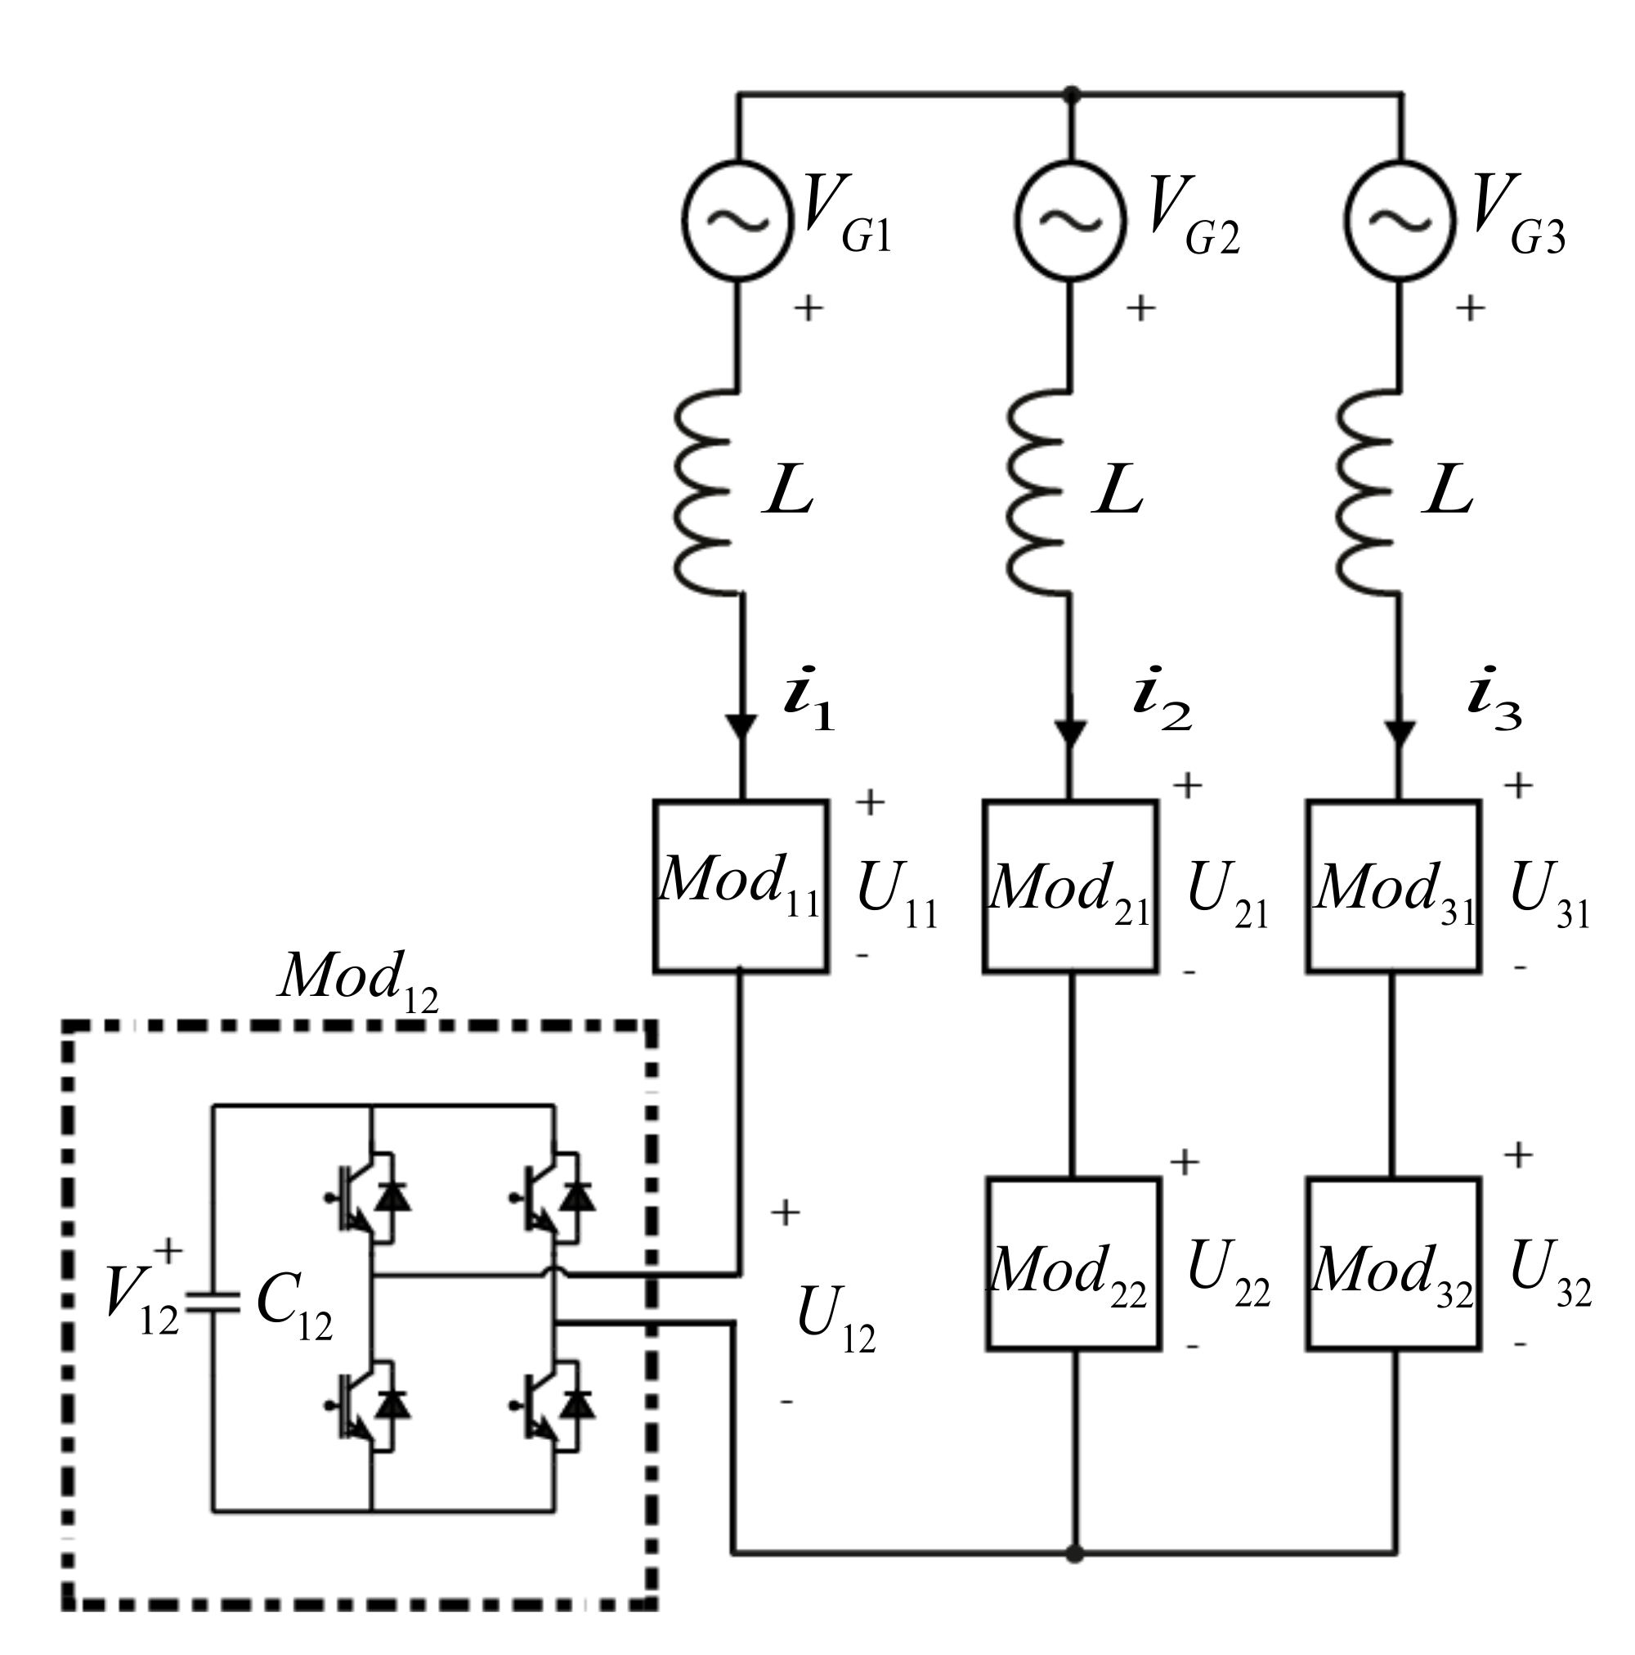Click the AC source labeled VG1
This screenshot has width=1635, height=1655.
[737, 220]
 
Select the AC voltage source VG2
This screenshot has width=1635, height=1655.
[1068, 220]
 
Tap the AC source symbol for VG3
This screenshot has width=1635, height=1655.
[1399, 220]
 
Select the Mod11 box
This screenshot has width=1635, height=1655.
[740, 886]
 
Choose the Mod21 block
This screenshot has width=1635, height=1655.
[1070, 886]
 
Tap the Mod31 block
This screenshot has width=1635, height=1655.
[1394, 886]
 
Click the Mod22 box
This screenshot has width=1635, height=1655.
[1073, 1264]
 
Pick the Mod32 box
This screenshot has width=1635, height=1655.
[1394, 1264]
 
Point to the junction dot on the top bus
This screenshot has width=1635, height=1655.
[1071, 93]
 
